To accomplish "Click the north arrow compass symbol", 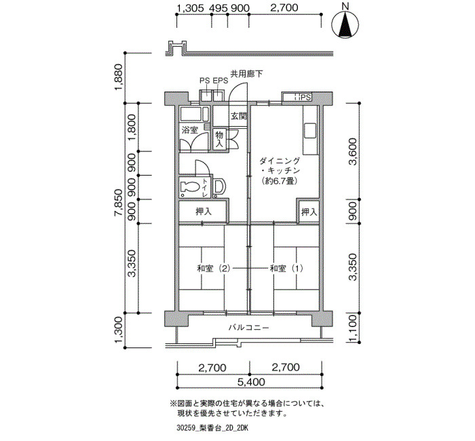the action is [345, 23].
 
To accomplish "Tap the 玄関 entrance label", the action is [239, 116].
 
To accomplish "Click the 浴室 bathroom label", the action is [189, 130].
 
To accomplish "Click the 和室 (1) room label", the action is [286, 269].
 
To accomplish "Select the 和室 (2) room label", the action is [214, 269].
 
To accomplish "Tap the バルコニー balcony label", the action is [249, 328].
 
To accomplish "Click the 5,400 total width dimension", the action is [251, 382].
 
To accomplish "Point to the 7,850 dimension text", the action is [118, 202].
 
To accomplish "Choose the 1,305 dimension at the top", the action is [190, 8].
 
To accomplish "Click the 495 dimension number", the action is [218, 8].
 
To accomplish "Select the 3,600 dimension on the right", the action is [353, 151].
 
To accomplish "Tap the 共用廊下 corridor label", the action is [246, 74].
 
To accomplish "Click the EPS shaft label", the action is [221, 81].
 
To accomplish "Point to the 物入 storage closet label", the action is [219, 139].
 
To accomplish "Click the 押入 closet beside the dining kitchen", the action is [309, 212].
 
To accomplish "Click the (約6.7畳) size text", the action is [279, 181].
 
